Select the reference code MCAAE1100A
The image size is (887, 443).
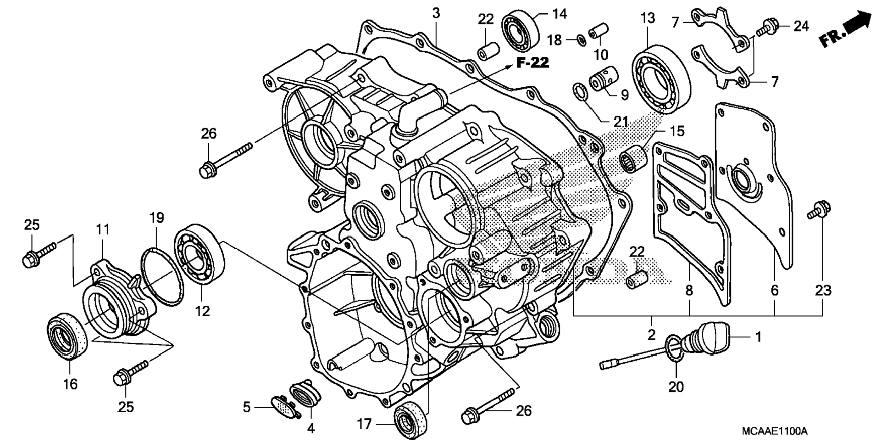(775, 432)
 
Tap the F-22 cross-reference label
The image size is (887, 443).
(532, 62)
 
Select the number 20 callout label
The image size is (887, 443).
(676, 387)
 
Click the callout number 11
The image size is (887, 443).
(103, 229)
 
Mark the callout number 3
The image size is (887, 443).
(436, 13)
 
